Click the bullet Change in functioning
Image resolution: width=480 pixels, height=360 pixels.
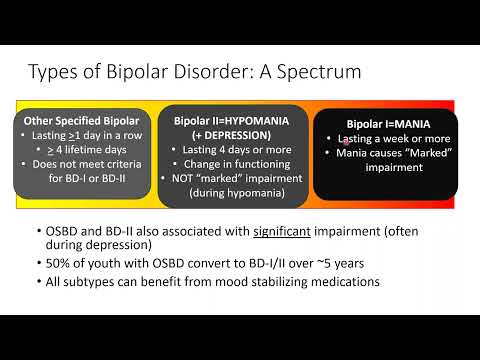point(243,164)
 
